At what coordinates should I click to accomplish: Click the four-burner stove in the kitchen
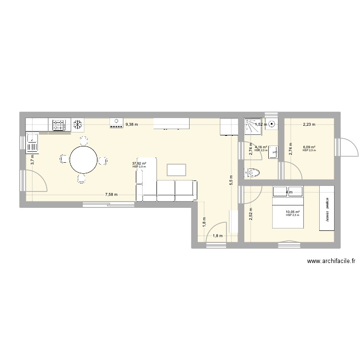(x=59, y=125)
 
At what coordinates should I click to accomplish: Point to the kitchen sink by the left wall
(x=33, y=142)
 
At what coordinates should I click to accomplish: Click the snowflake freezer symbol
(x=76, y=125)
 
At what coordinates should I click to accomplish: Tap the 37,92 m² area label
(x=139, y=164)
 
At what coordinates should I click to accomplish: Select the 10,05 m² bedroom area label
(x=292, y=212)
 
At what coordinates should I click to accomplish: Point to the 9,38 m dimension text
(x=132, y=124)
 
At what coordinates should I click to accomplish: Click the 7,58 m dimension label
(x=112, y=194)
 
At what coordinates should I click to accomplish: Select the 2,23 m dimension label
(x=309, y=124)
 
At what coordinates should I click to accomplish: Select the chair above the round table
(x=84, y=141)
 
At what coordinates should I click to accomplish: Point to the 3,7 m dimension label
(x=33, y=159)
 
